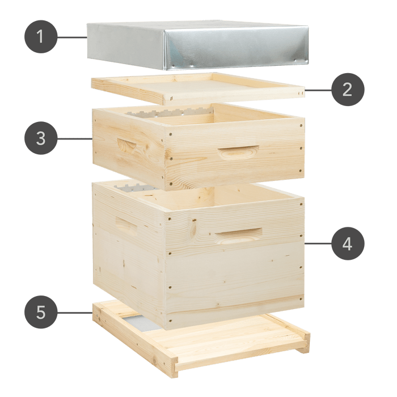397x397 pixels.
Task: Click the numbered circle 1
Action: click(x=40, y=37)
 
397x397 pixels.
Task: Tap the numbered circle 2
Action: click(x=348, y=90)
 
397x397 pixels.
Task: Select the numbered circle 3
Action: click(x=40, y=138)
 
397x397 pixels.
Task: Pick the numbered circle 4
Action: click(x=348, y=244)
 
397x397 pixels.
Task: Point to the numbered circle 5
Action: click(x=40, y=312)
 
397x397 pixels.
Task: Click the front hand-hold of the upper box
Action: click(x=239, y=151)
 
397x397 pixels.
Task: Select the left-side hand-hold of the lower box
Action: click(x=126, y=225)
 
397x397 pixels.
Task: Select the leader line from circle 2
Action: click(x=318, y=90)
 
